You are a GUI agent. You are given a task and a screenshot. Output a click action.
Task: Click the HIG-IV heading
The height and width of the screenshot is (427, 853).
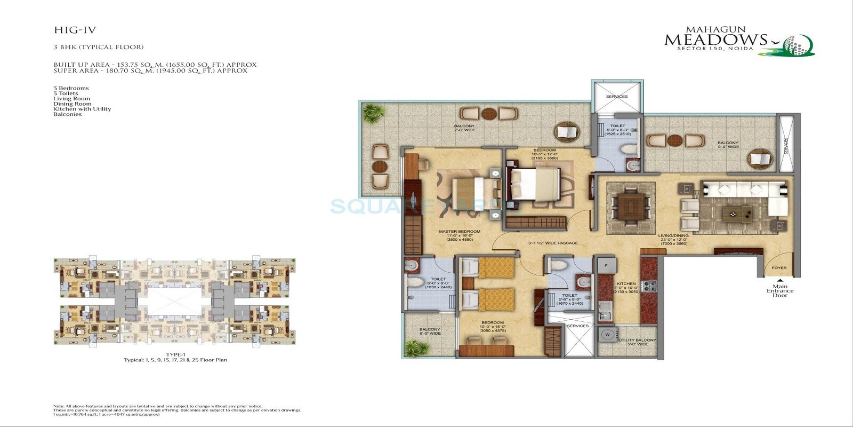point(75,30)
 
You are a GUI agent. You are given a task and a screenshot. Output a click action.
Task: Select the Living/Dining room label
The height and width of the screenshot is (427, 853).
point(672,235)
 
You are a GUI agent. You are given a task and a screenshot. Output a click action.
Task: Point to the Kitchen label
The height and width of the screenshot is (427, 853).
point(626,284)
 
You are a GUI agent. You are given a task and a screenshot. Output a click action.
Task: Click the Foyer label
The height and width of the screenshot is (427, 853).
point(779,268)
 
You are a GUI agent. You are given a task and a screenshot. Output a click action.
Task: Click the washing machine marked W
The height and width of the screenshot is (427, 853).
point(607,335)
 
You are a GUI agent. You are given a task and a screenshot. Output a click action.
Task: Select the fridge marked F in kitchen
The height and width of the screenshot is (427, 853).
point(606,265)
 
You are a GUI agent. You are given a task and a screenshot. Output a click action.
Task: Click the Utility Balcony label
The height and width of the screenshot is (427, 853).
point(637,340)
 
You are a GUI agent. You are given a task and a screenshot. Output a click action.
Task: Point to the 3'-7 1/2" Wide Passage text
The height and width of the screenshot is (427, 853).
point(552,243)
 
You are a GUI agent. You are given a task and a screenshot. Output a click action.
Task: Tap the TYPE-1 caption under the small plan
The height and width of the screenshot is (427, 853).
point(175,354)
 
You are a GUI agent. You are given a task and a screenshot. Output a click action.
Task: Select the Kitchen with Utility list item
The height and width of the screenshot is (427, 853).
point(82,109)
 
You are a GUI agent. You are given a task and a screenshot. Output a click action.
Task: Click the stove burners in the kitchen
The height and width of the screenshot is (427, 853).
point(649,286)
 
